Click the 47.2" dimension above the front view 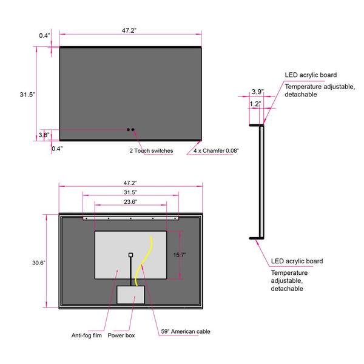[129, 30]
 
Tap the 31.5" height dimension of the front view [27, 95]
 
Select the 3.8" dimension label [44, 135]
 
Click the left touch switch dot [128, 130]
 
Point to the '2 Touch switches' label [151, 150]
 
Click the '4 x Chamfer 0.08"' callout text [216, 150]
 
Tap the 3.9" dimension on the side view [258, 92]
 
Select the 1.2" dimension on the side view [255, 104]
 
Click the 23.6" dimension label [130, 202]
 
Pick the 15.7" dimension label [180, 255]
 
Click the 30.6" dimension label [39, 263]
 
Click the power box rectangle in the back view [130, 295]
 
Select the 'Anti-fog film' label [87, 335]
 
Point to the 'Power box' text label [121, 335]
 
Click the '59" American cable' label [186, 331]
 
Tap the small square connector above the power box [130, 255]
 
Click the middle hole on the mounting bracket [130, 218]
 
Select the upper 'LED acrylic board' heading [311, 75]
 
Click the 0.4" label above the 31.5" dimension [44, 36]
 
